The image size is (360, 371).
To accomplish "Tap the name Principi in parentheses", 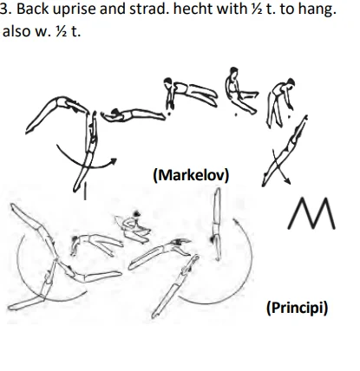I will pos(296,306).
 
